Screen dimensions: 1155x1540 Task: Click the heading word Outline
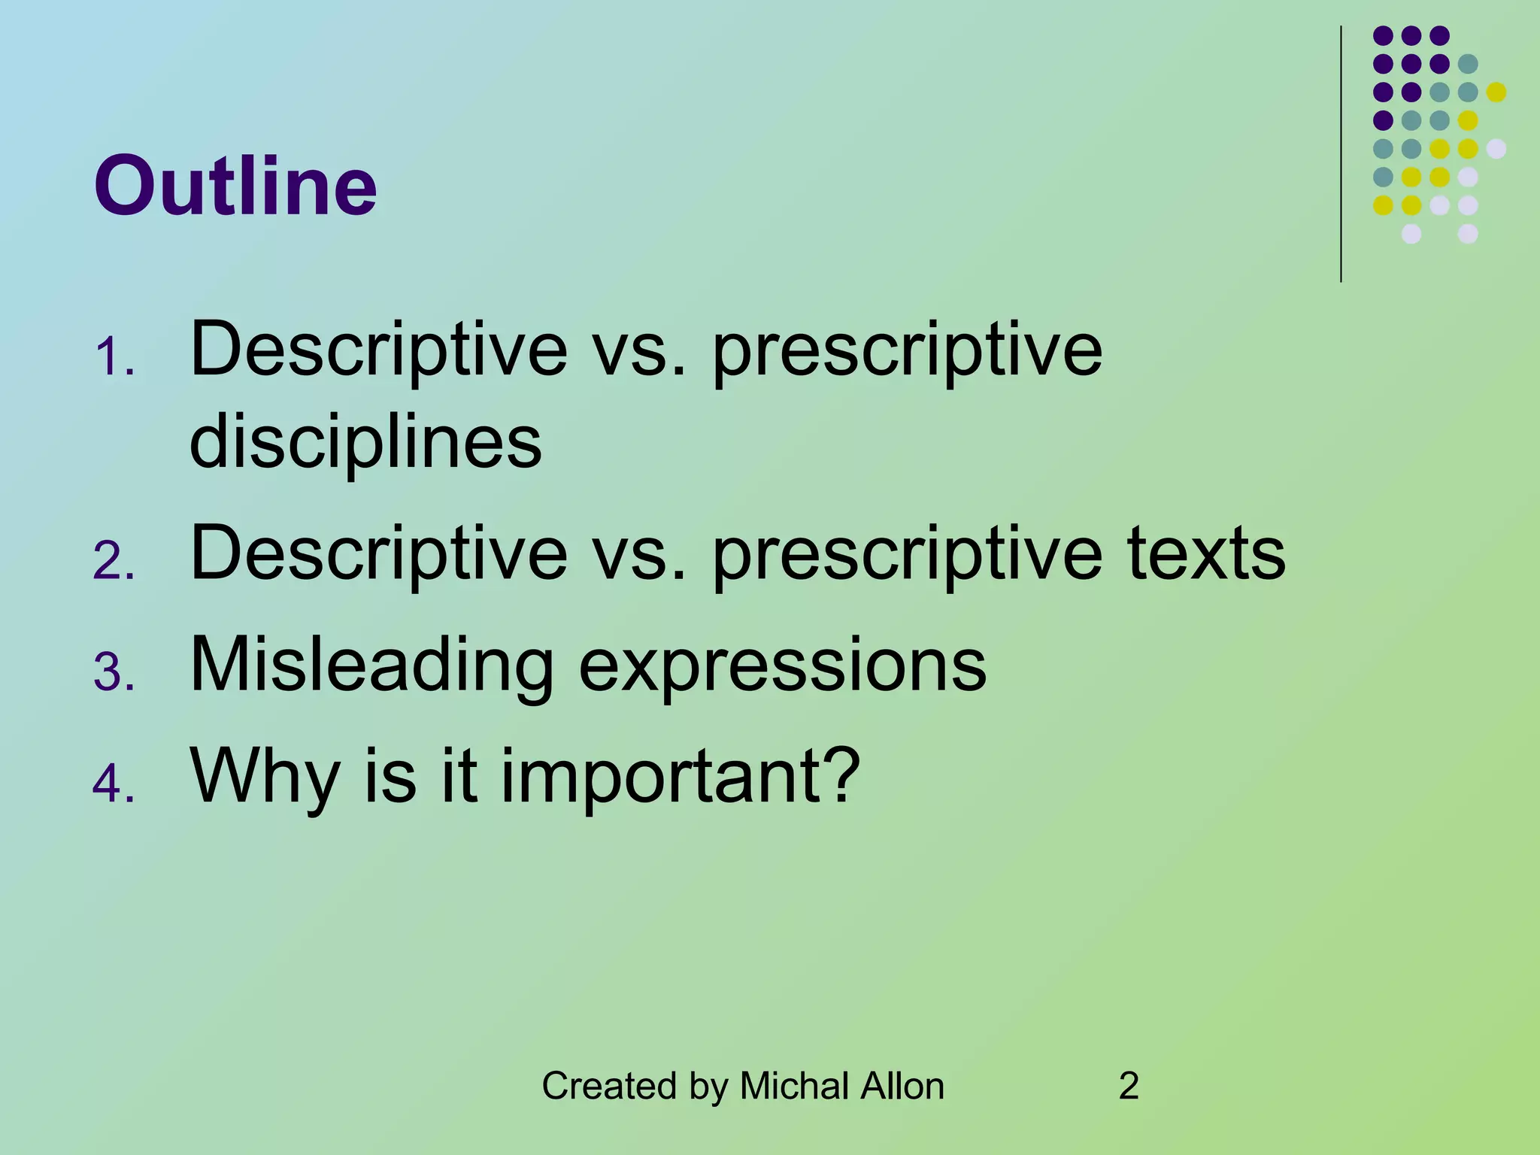(x=235, y=186)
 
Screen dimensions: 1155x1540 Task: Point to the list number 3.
(x=114, y=672)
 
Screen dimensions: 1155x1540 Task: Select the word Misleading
(x=372, y=665)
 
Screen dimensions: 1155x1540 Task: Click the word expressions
(x=782, y=665)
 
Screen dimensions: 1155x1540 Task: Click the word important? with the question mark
(x=681, y=776)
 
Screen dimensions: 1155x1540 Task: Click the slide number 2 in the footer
(x=1129, y=1086)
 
